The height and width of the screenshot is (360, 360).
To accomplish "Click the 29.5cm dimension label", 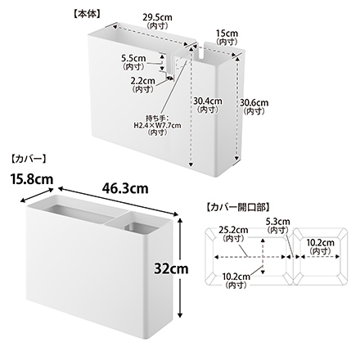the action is (157, 17).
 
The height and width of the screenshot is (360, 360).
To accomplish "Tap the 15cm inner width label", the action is (227, 34).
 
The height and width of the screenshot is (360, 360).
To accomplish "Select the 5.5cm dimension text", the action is (133, 58).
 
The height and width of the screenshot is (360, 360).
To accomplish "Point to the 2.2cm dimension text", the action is (142, 81).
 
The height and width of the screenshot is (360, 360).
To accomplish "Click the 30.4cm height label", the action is (208, 101).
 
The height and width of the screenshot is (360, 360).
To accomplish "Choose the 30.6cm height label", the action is (254, 103).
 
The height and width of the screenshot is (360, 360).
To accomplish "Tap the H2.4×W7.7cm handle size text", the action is (157, 125).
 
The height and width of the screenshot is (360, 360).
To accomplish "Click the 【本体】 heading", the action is (87, 14).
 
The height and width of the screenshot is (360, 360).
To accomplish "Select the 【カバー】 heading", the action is (29, 159).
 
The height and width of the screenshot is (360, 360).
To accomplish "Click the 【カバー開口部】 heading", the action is (237, 208).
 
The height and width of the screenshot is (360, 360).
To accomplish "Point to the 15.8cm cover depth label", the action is (32, 179).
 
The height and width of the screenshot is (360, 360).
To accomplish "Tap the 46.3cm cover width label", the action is (125, 188).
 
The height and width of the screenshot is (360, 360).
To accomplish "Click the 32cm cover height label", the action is (171, 268).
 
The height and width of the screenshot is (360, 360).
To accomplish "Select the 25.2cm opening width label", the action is (233, 230).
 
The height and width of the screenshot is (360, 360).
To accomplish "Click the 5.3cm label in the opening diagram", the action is (278, 221).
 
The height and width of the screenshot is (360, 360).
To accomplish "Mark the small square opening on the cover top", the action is (139, 228).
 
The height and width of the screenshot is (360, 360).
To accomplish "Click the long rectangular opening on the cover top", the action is (81, 214).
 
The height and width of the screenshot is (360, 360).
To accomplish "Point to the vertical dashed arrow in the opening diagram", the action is (263, 256).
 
